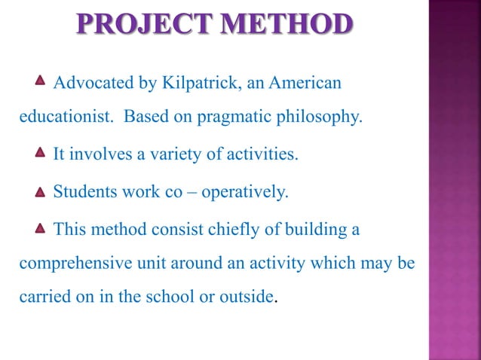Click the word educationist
[x=66, y=117]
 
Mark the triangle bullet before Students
[x=41, y=191]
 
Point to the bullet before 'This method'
[x=41, y=228]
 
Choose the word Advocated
[x=87, y=82]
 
